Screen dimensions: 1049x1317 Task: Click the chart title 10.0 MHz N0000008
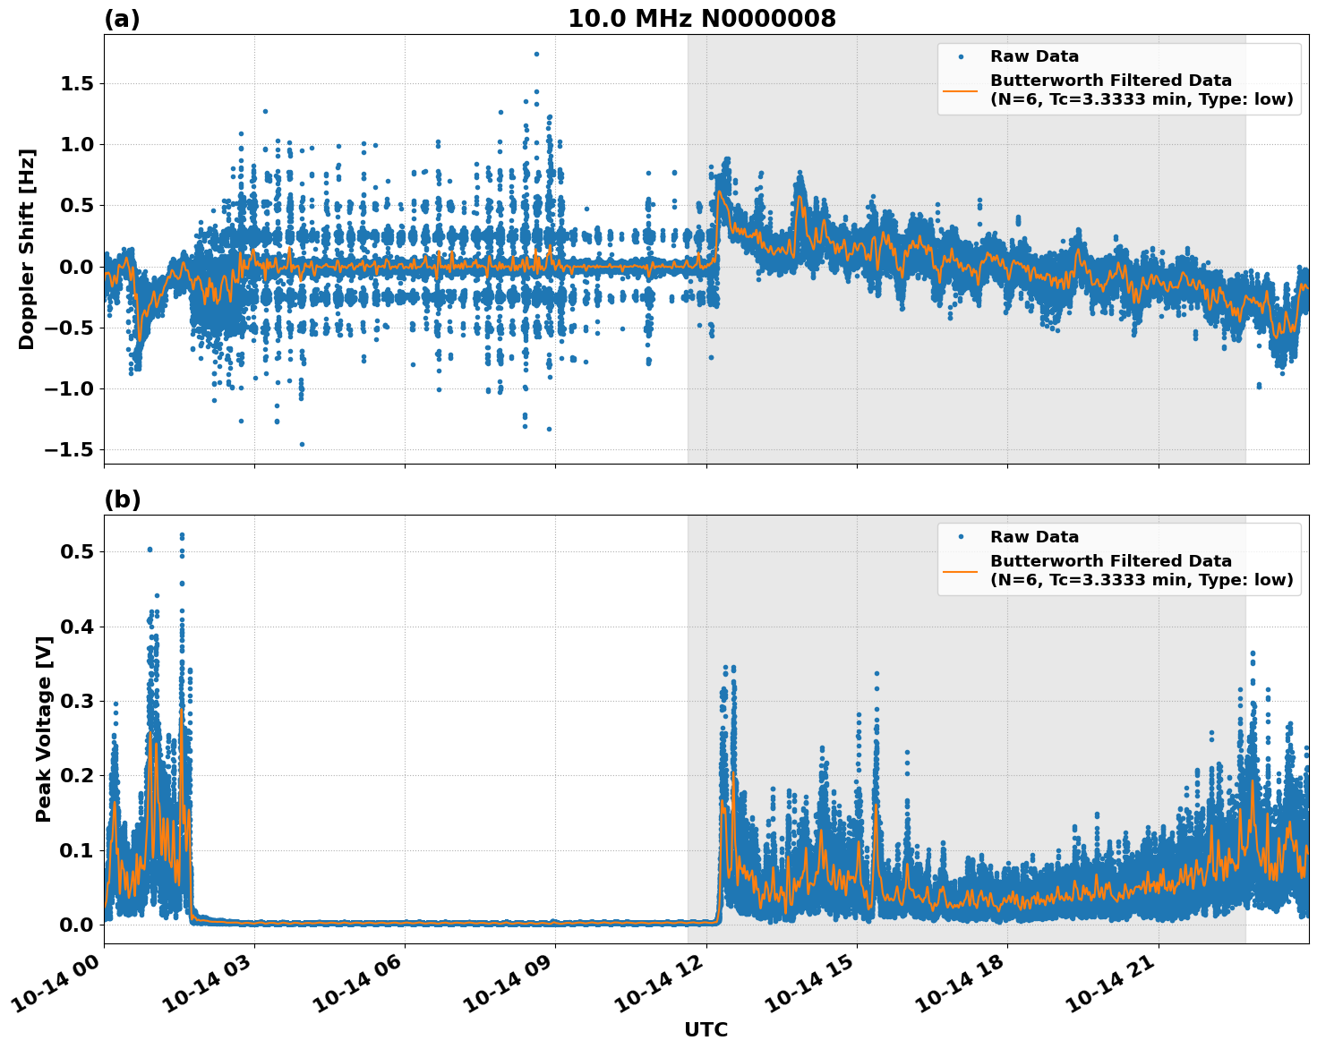click(x=701, y=19)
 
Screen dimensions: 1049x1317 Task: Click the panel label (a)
click(x=122, y=19)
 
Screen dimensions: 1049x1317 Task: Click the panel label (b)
click(x=122, y=499)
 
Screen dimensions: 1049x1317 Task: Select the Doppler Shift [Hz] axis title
click(x=27, y=249)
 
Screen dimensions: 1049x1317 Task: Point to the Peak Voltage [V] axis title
click(x=43, y=729)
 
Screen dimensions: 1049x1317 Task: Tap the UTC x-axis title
click(x=706, y=1029)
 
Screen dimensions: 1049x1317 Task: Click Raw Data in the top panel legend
click(x=1034, y=56)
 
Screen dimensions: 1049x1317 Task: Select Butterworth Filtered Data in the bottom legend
click(x=1110, y=561)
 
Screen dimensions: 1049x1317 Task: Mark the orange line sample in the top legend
click(x=961, y=90)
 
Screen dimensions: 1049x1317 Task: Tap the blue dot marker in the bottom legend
click(x=961, y=537)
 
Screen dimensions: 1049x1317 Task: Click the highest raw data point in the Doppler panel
click(x=536, y=54)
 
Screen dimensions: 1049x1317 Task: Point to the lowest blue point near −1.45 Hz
click(x=302, y=444)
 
